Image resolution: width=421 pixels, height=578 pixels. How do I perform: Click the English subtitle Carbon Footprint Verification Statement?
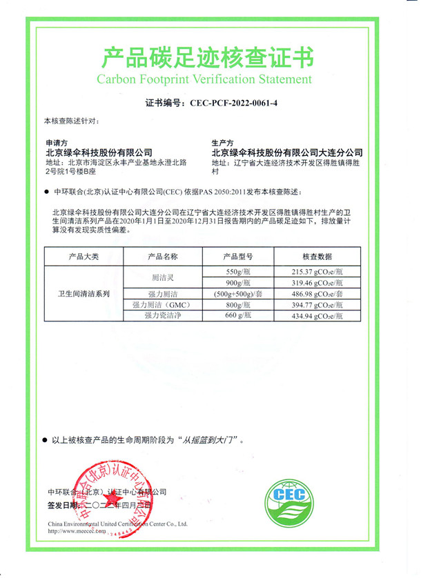(x=204, y=79)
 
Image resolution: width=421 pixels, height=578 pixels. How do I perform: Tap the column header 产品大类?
(x=83, y=257)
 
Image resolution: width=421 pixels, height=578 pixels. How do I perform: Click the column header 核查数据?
(x=318, y=257)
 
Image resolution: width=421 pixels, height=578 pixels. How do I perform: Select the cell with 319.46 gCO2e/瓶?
(x=318, y=283)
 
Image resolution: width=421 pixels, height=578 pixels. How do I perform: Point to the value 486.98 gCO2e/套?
(x=318, y=294)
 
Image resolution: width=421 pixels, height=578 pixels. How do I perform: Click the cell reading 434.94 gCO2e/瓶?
(x=318, y=315)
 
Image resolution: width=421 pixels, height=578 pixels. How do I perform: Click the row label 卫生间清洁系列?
(x=83, y=294)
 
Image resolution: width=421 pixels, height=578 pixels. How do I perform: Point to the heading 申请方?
(x=56, y=143)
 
